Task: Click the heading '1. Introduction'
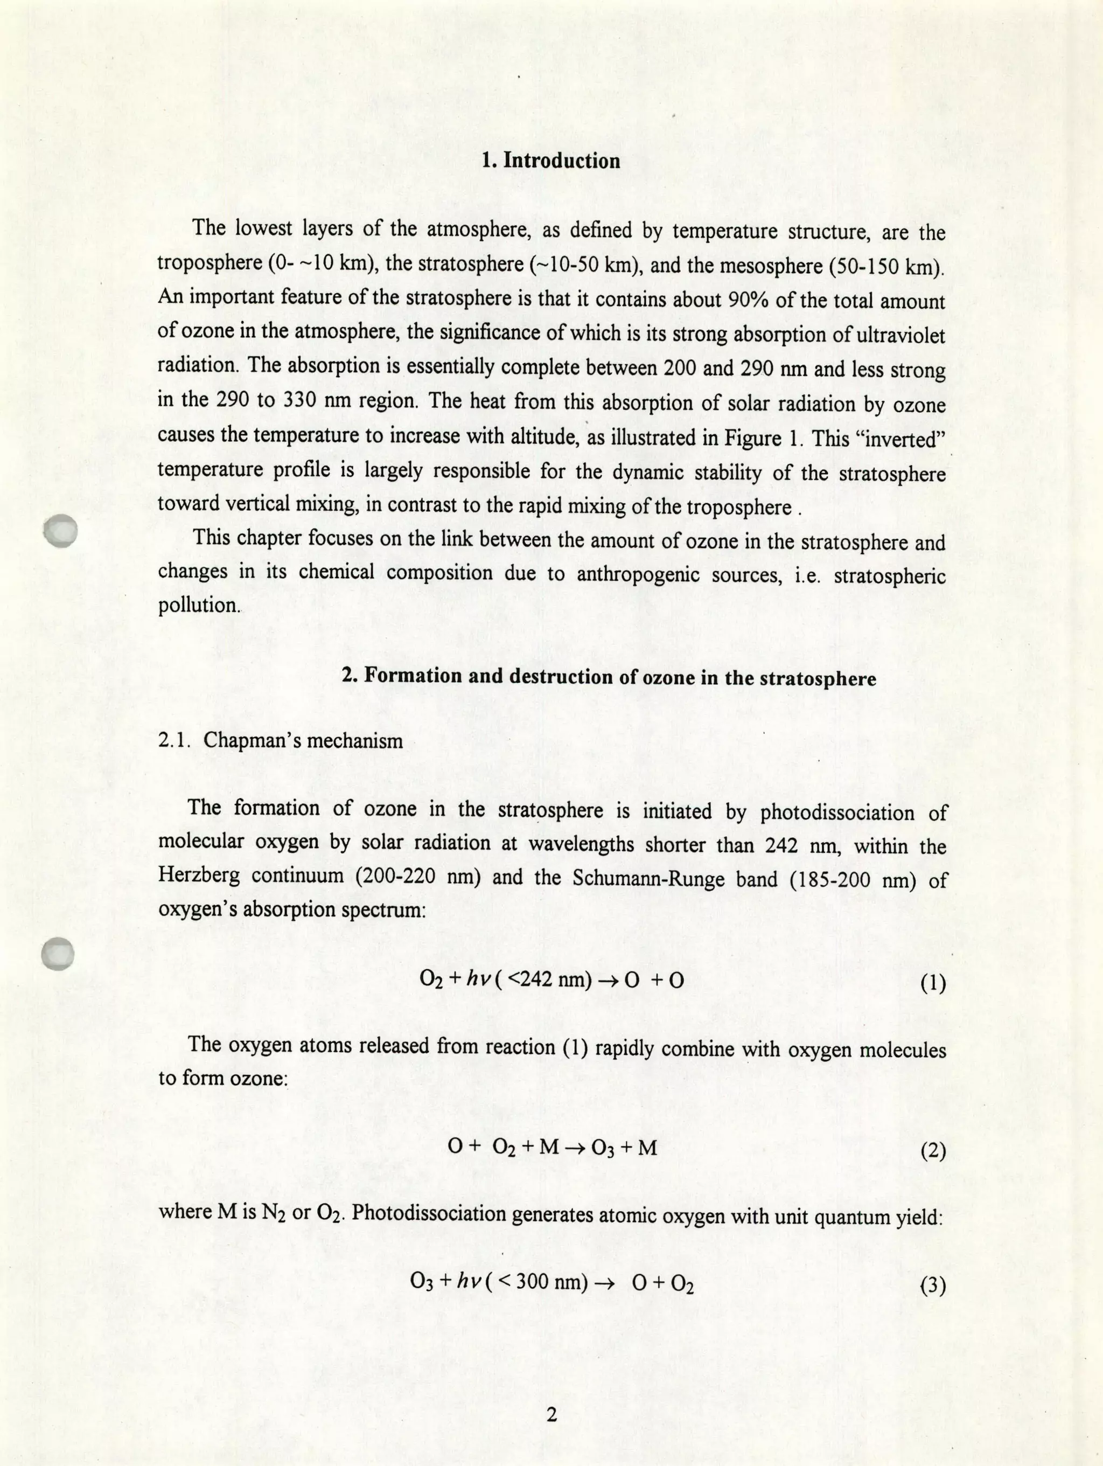pos(551,161)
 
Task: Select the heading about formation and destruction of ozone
pos(609,677)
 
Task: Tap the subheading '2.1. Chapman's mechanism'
pos(280,740)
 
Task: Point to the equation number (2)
pos(933,1151)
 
